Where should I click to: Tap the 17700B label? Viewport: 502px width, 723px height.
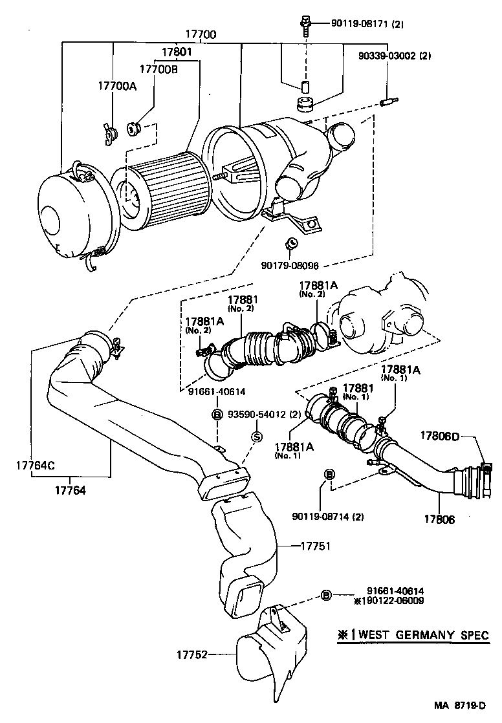click(156, 68)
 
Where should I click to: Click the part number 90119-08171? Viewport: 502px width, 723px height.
click(349, 24)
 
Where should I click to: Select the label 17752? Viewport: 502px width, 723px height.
click(192, 654)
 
